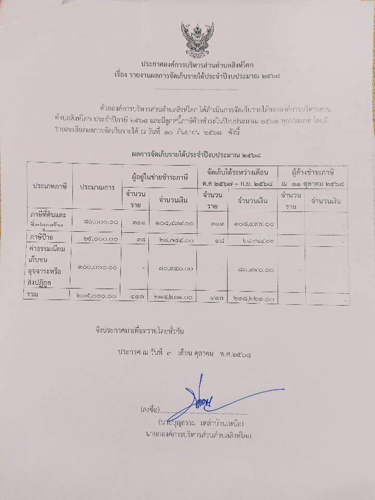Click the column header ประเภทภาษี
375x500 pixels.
click(x=50, y=186)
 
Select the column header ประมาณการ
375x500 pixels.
click(x=97, y=186)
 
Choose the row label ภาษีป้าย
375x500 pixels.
click(x=44, y=239)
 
